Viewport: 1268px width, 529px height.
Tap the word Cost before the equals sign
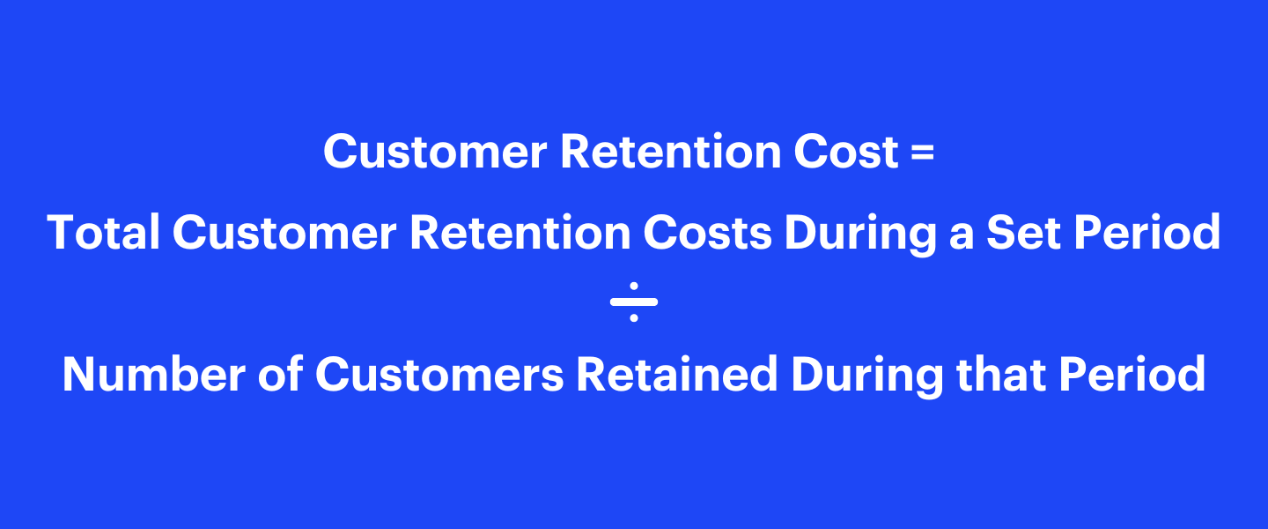coord(846,153)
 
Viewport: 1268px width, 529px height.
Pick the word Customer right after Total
coord(282,233)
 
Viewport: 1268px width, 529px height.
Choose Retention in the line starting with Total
coord(519,233)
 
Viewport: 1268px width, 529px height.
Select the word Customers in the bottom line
coord(439,374)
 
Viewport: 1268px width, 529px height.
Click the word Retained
coord(676,374)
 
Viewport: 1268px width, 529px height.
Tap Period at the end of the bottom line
coord(1132,374)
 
